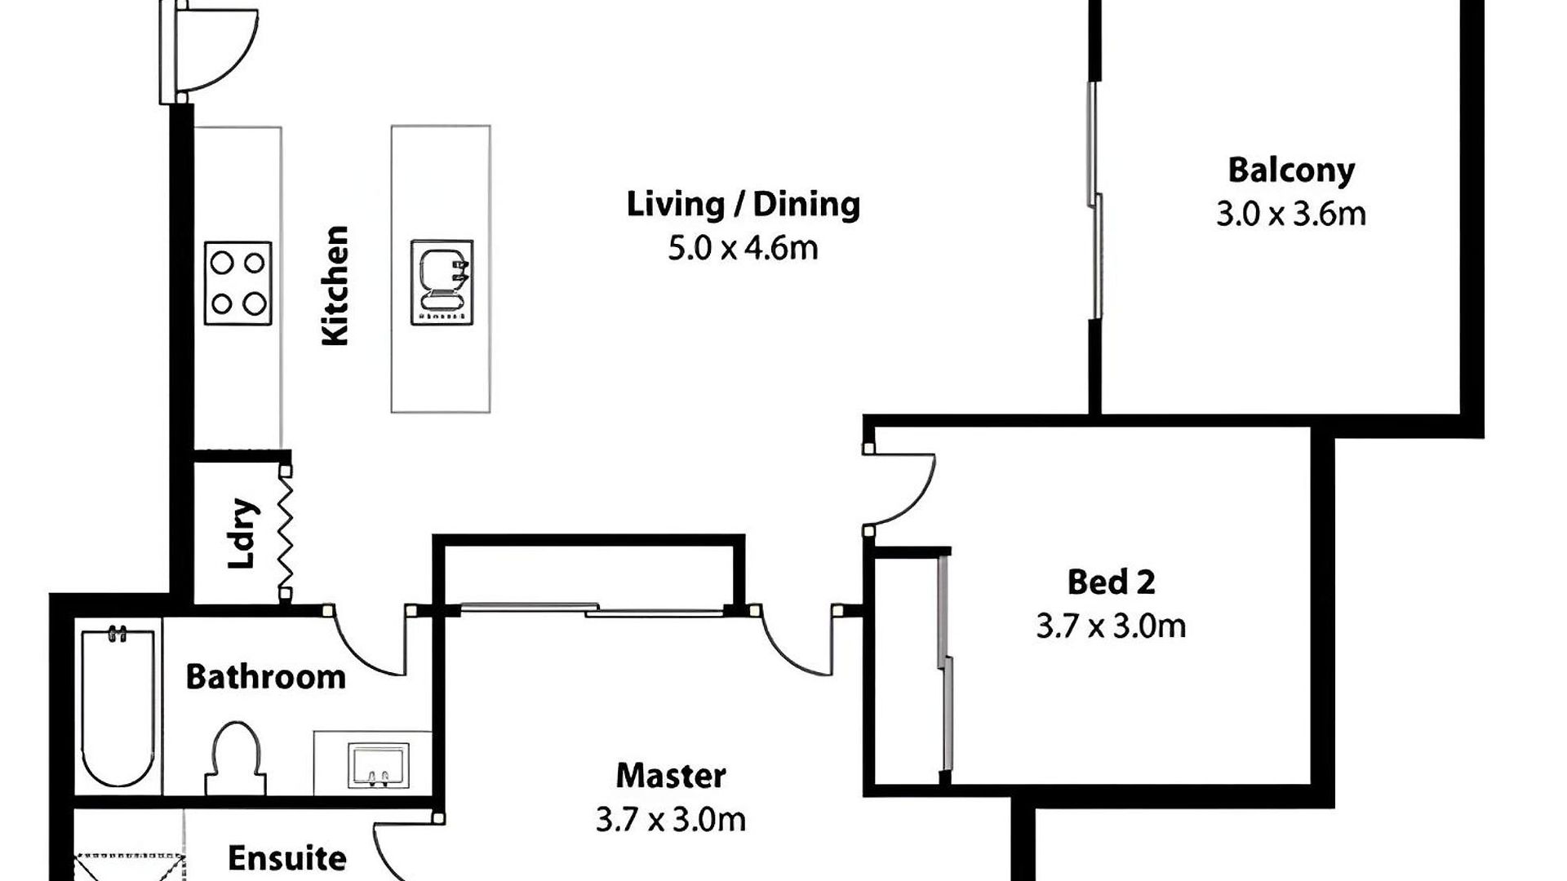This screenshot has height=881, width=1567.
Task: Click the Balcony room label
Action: [x=1291, y=170]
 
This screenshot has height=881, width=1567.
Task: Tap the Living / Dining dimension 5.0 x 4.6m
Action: [x=743, y=248]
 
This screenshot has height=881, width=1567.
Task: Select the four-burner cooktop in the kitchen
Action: [x=237, y=284]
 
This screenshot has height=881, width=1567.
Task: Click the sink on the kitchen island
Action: [x=442, y=282]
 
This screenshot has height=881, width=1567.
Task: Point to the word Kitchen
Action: [x=335, y=286]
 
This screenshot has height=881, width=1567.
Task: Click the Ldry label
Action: [x=243, y=533]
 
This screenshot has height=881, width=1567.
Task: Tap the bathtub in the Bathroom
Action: [x=118, y=706]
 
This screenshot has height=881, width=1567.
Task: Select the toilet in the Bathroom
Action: [x=236, y=759]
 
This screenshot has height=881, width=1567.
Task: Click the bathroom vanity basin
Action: [x=379, y=765]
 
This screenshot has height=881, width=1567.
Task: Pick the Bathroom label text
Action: [x=265, y=677]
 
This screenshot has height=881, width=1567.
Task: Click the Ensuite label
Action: [x=286, y=858]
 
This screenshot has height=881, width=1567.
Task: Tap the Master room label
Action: [x=671, y=776]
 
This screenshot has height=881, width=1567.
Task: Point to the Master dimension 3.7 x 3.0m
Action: [x=671, y=820]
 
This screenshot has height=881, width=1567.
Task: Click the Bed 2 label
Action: [x=1111, y=582]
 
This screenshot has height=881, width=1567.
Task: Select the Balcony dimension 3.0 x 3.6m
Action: [x=1291, y=215]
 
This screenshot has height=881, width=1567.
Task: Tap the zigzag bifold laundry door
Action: [x=285, y=532]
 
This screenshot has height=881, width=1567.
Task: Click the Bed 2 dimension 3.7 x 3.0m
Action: [x=1111, y=626]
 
